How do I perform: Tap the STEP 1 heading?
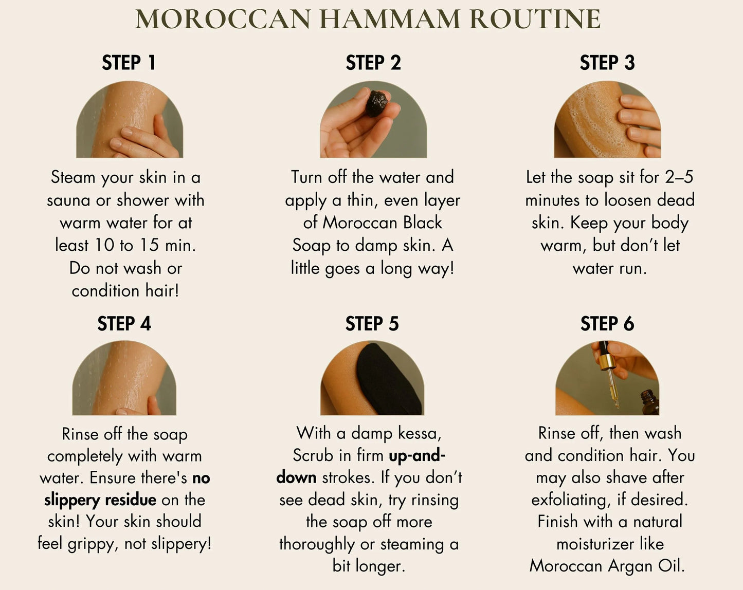[129, 63]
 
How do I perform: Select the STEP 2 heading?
[373, 63]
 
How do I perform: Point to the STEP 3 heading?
[607, 63]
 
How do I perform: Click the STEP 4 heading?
[124, 324]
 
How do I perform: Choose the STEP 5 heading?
[372, 324]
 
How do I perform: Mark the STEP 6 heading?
[607, 324]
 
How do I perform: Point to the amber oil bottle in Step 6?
[649, 402]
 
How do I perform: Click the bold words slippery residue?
[100, 500]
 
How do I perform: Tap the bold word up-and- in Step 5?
[417, 455]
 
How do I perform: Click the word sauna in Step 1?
[69, 200]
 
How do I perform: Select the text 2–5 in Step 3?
[679, 177]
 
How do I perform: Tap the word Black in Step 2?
[422, 223]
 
